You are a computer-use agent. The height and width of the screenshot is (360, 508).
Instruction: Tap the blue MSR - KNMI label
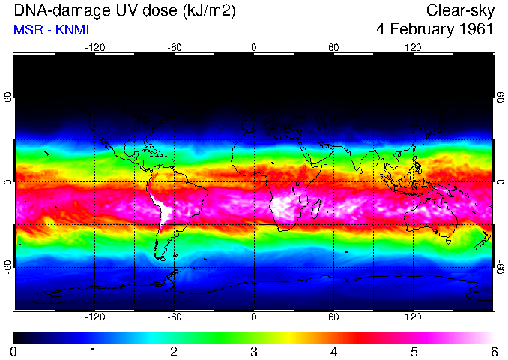click(51, 30)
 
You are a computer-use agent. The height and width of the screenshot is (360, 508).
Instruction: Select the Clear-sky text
click(460, 10)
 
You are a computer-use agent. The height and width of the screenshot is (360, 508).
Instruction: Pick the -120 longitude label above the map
click(94, 47)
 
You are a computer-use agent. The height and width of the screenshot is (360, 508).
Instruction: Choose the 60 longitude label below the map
click(333, 317)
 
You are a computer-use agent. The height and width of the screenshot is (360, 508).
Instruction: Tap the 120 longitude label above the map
click(413, 47)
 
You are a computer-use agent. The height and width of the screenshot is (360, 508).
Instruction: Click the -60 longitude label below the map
click(174, 317)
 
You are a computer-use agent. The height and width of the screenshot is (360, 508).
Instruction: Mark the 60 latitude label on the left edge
click(8, 98)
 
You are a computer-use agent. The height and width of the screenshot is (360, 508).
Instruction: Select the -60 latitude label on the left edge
click(8, 266)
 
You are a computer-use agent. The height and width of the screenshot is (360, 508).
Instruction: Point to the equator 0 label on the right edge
click(501, 182)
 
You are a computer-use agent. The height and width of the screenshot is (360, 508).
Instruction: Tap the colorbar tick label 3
click(253, 351)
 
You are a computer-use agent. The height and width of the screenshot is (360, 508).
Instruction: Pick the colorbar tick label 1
click(93, 351)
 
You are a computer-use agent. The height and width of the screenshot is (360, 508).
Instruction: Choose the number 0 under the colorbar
click(13, 351)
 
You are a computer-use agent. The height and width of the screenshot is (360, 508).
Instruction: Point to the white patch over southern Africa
click(288, 211)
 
